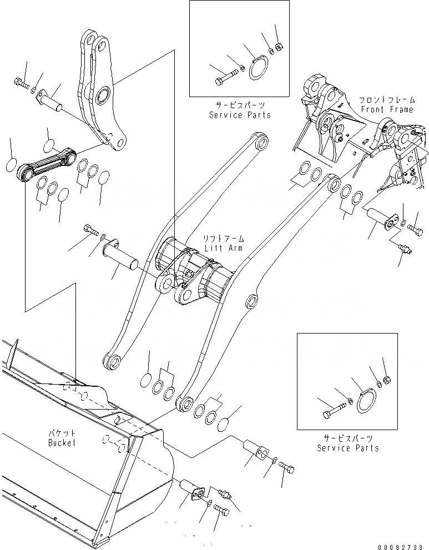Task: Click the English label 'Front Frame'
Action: pyautogui.click(x=387, y=109)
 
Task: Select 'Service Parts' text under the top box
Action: pyautogui.click(x=240, y=115)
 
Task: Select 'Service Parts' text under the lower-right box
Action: pyautogui.click(x=347, y=448)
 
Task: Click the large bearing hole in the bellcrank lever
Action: pyautogui.click(x=102, y=95)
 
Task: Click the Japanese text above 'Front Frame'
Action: pyautogui.click(x=387, y=100)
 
